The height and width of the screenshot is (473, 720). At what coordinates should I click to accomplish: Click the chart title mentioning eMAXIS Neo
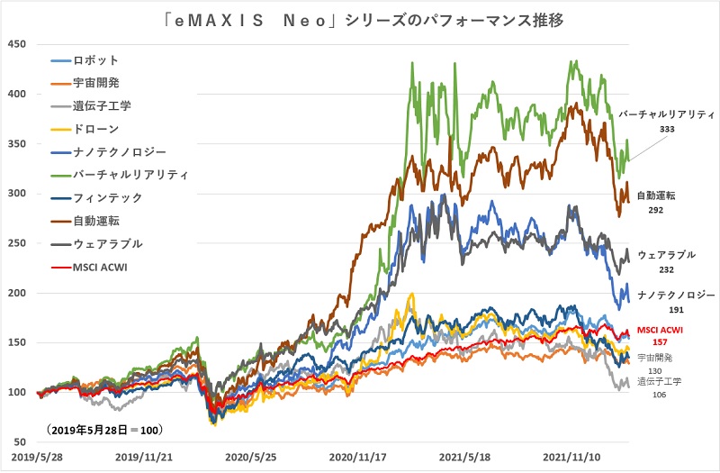pos(360,19)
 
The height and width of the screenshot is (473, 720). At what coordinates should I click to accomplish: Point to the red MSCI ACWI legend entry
pos(102,266)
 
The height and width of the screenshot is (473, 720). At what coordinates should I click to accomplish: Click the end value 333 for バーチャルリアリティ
pos(667,130)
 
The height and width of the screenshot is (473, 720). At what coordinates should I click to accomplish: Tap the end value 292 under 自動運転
pos(656,209)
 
